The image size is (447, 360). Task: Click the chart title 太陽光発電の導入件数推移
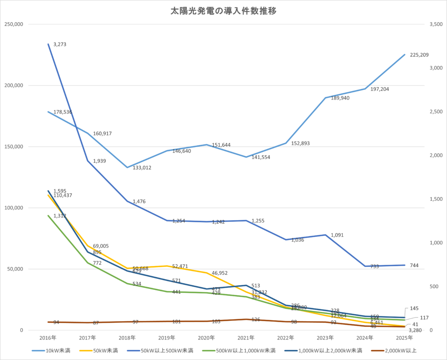click(223, 11)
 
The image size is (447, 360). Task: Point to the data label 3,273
click(59, 45)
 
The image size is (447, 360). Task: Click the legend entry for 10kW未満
click(57, 350)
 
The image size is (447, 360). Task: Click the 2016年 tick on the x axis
click(48, 338)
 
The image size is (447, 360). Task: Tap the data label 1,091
click(337, 235)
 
